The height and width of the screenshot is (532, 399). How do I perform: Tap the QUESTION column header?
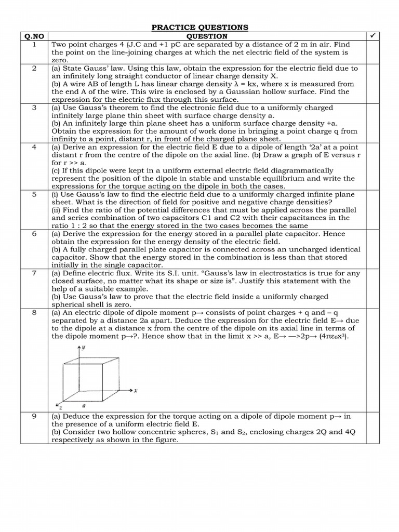207,36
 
